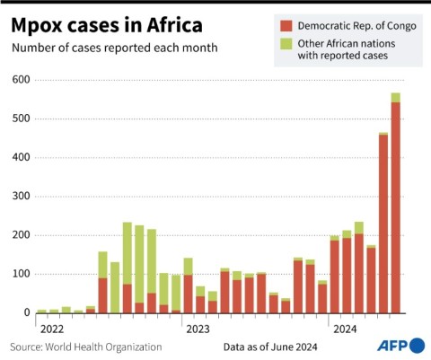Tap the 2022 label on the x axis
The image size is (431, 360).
click(52, 329)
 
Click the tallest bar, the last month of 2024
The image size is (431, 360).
click(395, 206)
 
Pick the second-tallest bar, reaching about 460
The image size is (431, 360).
click(383, 224)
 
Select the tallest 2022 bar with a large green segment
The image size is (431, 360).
click(128, 260)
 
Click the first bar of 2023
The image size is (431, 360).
click(189, 287)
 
